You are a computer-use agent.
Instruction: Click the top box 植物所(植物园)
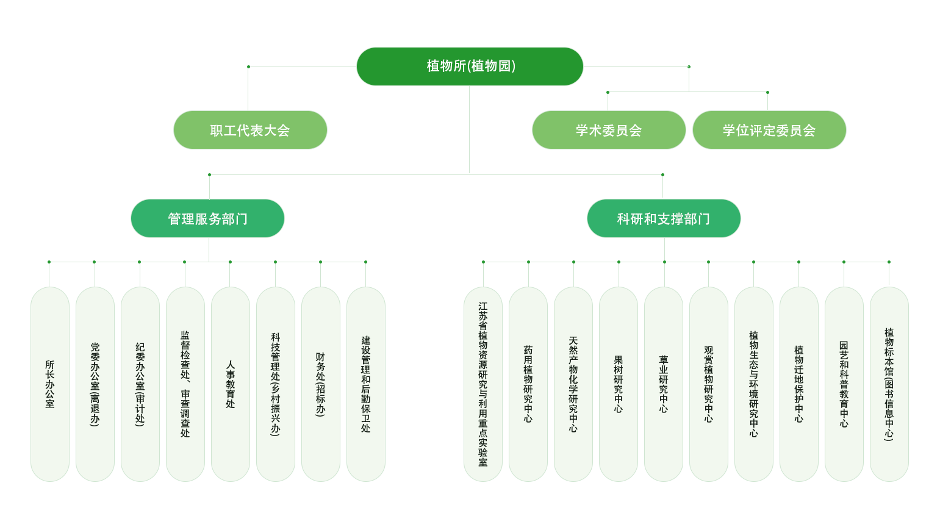click(470, 66)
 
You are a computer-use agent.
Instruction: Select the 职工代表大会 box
click(250, 130)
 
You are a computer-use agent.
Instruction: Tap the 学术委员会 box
click(609, 130)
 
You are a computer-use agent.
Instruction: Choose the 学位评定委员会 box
click(769, 130)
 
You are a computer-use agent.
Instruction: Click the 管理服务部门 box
click(207, 218)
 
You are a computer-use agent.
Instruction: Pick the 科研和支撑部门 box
click(664, 218)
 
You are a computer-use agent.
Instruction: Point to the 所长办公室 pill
click(50, 384)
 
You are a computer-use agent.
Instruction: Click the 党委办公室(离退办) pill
click(95, 384)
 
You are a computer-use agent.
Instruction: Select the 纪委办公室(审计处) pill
click(140, 384)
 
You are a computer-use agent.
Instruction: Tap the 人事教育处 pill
click(231, 384)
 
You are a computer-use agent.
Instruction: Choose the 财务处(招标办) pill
click(321, 384)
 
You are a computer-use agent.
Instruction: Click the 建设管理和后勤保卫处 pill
click(366, 384)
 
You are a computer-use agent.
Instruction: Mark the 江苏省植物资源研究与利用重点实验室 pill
click(483, 384)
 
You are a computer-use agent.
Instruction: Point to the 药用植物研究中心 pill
click(528, 384)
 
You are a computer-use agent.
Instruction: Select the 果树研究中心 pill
click(619, 384)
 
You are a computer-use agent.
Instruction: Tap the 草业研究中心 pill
click(664, 384)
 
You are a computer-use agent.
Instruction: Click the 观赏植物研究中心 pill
click(709, 384)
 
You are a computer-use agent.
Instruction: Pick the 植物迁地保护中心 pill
click(799, 384)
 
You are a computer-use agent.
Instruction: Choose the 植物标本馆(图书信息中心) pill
click(889, 384)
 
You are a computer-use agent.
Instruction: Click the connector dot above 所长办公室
click(49, 262)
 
